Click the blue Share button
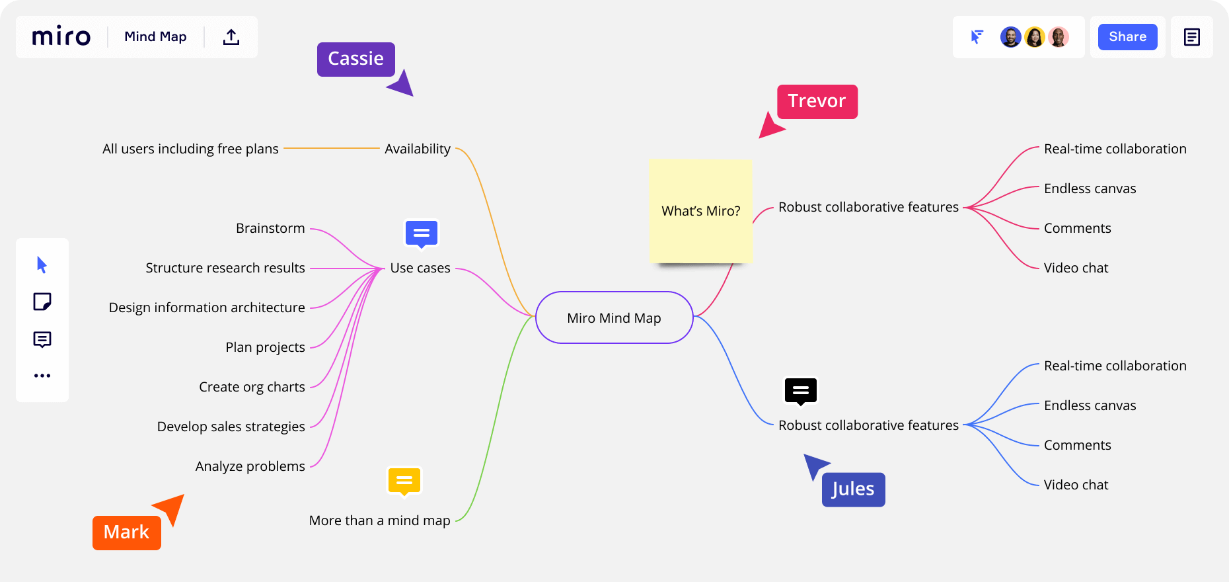click(1127, 37)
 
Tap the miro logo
click(61, 36)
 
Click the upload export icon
click(231, 37)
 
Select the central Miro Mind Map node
click(614, 318)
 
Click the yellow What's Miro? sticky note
click(700, 211)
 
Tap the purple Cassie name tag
click(355, 59)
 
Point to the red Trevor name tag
click(817, 101)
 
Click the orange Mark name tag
click(126, 532)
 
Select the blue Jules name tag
click(853, 489)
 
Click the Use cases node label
click(420, 268)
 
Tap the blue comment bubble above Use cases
click(422, 233)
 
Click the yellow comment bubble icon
click(404, 481)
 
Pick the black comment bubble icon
click(801, 391)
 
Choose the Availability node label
click(418, 149)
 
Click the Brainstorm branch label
click(270, 228)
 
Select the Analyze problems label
click(250, 466)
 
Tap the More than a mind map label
click(379, 520)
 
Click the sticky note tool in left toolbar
click(42, 302)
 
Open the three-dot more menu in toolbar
click(42, 376)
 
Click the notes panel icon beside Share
click(1191, 37)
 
